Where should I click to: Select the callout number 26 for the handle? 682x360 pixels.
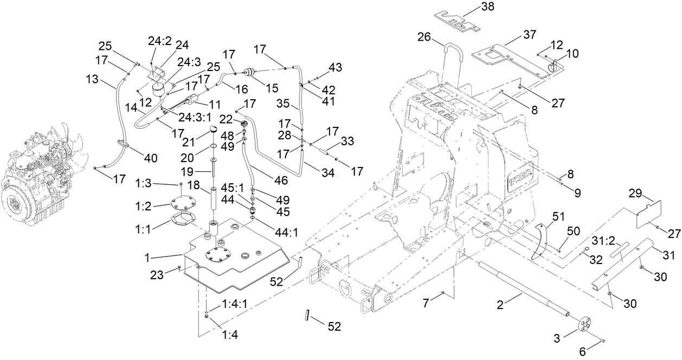tap(424, 37)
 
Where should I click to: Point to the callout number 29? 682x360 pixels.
tap(635, 193)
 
